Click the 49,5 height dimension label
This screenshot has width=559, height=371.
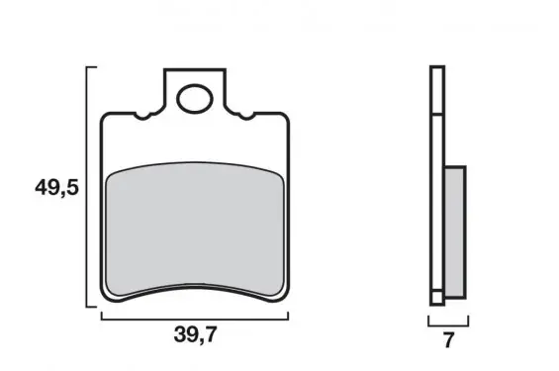click(x=56, y=188)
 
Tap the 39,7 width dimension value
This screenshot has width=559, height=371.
click(x=195, y=334)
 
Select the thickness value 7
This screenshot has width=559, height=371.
click(x=448, y=340)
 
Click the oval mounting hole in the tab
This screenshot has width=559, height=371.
click(x=195, y=98)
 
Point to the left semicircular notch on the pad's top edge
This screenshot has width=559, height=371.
click(x=142, y=117)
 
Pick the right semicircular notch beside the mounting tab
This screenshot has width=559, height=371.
click(x=246, y=117)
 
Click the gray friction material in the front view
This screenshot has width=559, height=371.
click(x=195, y=230)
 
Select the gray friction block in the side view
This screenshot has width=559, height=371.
click(x=455, y=232)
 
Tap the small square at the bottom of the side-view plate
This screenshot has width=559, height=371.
click(x=437, y=297)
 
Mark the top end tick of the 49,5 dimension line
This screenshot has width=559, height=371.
click(x=92, y=67)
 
